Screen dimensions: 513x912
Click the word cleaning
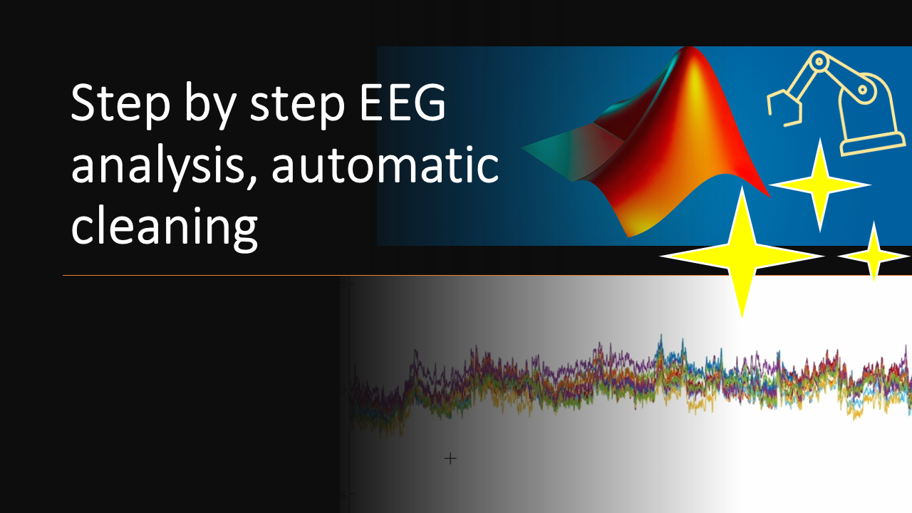(x=164, y=228)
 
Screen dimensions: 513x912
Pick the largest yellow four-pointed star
(x=742, y=254)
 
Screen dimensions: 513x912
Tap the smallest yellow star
(x=874, y=254)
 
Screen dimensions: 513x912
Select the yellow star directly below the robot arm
(x=820, y=185)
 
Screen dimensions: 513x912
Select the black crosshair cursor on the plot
(x=450, y=458)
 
